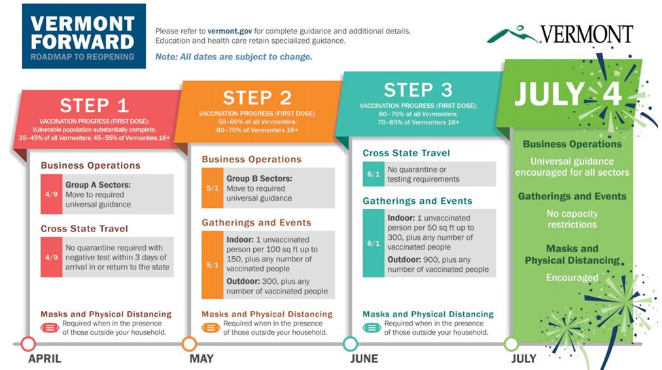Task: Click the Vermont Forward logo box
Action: click(x=84, y=37)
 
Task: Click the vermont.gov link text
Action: click(x=230, y=31)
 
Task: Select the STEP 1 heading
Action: click(x=94, y=105)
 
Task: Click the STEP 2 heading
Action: click(x=257, y=98)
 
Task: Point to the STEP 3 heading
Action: click(x=418, y=90)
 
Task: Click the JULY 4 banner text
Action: click(x=568, y=93)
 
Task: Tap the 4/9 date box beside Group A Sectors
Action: click(x=52, y=194)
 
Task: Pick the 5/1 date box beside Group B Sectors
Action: click(x=213, y=188)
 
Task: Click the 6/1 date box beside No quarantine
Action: click(x=374, y=174)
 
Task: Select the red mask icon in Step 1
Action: click(x=50, y=328)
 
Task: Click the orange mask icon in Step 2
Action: click(x=211, y=328)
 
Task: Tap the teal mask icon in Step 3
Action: click(x=372, y=328)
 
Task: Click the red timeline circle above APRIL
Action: click(x=28, y=344)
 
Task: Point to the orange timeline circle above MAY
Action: click(x=189, y=344)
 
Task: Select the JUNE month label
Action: click(x=364, y=359)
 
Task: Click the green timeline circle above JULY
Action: click(x=512, y=344)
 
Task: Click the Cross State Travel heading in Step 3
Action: click(x=406, y=153)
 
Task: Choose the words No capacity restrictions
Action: click(x=572, y=219)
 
